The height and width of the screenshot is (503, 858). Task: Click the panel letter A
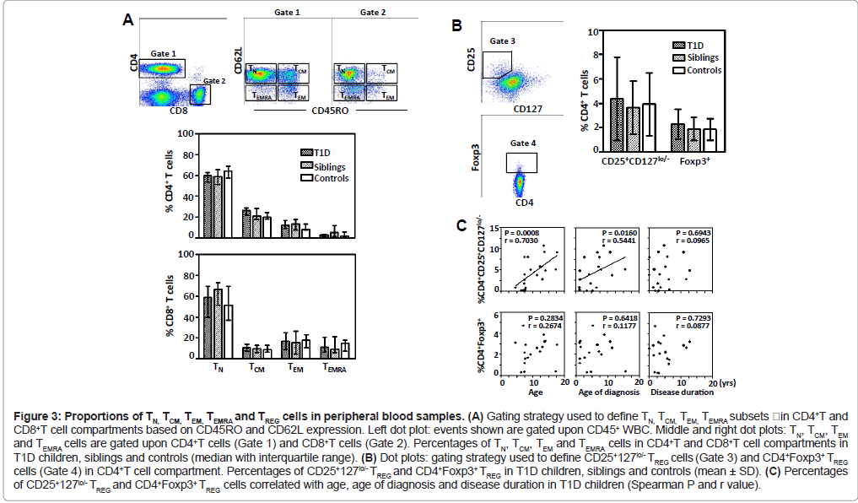127,19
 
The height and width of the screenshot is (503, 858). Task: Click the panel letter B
456,26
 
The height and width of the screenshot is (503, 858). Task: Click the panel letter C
461,226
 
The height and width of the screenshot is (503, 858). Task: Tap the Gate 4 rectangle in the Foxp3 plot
521,162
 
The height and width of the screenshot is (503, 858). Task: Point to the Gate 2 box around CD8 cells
200,95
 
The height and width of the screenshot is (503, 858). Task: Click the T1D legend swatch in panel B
681,45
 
